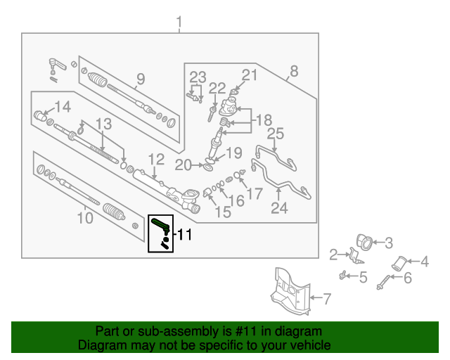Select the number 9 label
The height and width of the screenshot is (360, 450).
pos(140,79)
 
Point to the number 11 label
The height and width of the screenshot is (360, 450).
pos(184,235)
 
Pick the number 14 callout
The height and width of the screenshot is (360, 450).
pos(63,107)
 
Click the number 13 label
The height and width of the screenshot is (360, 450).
pos(103,124)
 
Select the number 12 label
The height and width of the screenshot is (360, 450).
pos(155,160)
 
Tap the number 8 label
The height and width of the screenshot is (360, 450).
pos(294,71)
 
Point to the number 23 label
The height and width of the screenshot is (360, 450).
pos(198,77)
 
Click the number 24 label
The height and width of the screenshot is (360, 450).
pos(279,208)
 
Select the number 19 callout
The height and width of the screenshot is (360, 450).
pos(233,153)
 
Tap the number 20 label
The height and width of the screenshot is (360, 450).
pos(183,165)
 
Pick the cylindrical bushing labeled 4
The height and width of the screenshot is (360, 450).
pos(399,264)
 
